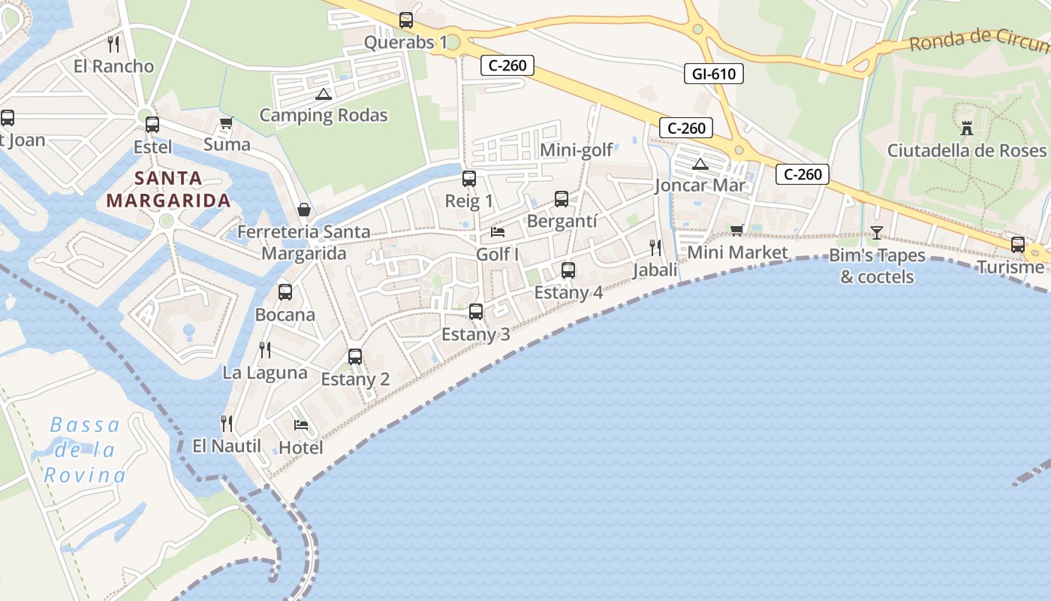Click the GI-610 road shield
714,74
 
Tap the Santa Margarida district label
168,189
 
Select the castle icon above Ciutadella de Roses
967,128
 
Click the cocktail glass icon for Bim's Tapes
876,233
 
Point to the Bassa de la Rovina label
85,450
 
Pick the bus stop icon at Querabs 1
406,20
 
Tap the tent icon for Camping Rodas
324,94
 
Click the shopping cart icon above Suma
226,122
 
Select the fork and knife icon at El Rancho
113,44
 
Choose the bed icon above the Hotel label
301,425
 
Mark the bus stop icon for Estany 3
475,311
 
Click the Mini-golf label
577,150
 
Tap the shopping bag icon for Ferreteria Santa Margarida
304,210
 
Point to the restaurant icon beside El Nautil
227,424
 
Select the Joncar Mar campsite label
700,185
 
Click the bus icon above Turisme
1018,244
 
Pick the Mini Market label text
738,252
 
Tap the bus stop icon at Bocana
285,292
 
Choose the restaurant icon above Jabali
655,247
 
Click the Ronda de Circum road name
979,39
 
